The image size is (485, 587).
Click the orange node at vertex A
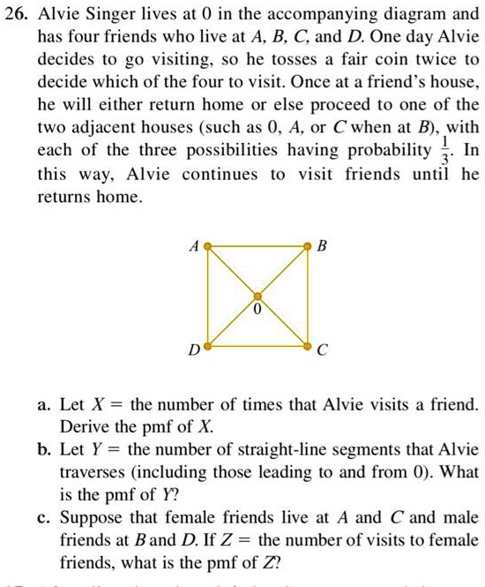(208, 248)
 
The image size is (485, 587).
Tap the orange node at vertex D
(208, 345)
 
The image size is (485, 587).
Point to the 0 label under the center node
(257, 312)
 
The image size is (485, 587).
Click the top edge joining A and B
(257, 246)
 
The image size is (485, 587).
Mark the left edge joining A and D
(208, 297)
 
